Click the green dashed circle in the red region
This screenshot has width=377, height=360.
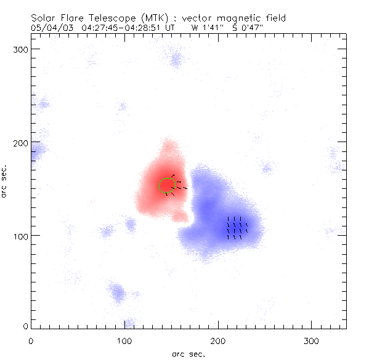coord(167,185)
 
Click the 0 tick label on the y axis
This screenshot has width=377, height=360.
coord(25,326)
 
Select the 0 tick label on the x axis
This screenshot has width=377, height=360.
coord(31,340)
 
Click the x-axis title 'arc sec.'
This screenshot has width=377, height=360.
coord(188,353)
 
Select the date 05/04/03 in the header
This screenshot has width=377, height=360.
coord(49,28)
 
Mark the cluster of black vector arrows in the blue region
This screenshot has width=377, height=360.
coord(237,227)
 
